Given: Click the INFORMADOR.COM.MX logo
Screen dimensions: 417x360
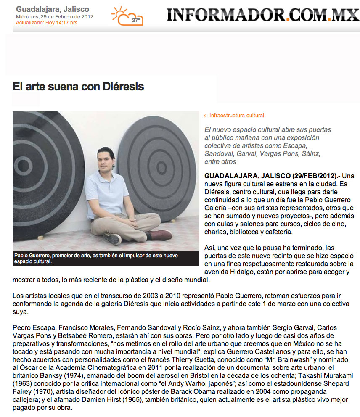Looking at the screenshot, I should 263,15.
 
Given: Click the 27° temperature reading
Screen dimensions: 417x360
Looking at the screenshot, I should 136,20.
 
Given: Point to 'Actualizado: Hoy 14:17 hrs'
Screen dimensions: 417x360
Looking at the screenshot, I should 46,23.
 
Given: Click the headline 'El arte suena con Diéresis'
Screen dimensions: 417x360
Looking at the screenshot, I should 78,87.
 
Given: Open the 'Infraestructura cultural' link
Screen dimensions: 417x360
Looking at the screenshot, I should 236,115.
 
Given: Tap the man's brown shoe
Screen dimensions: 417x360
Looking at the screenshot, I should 159,234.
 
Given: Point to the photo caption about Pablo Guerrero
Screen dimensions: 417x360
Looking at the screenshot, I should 105,258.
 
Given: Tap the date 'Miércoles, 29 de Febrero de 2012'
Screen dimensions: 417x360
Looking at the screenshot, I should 55,17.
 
